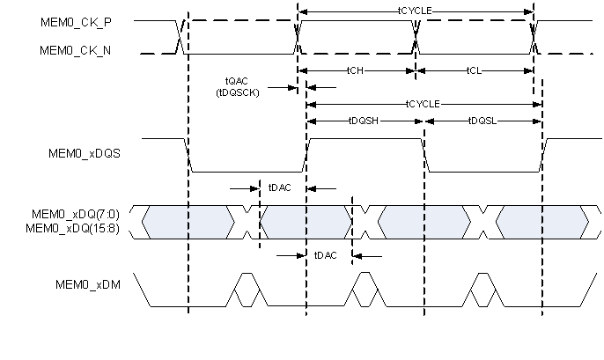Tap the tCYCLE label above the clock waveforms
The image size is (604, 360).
coord(416,11)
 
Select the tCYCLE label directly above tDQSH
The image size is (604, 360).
coord(424,104)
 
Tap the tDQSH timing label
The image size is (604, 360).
coord(364,121)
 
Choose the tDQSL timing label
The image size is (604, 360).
coord(482,121)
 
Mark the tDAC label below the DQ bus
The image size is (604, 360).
coord(323,255)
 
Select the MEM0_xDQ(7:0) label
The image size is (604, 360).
coord(80,214)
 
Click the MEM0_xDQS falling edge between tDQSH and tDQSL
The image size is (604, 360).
coord(424,154)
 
